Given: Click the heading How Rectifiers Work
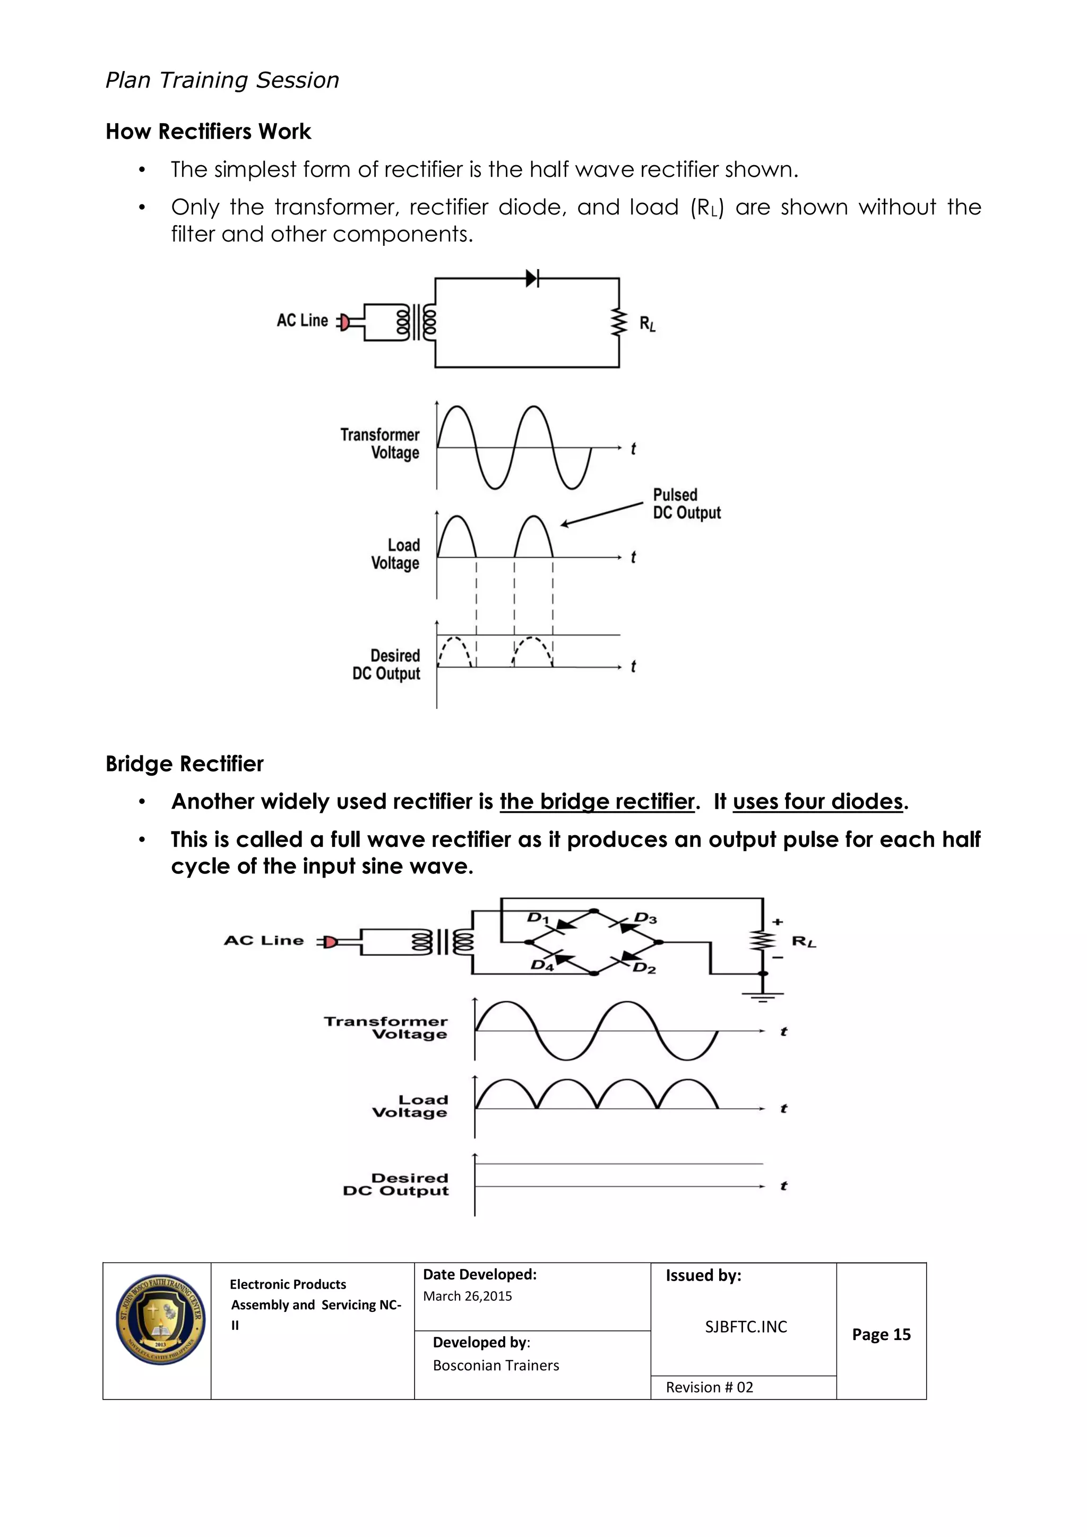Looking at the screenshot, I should [208, 131].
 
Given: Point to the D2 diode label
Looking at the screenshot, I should [644, 968].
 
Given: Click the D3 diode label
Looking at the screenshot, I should [646, 918].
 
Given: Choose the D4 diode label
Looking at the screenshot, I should [541, 965].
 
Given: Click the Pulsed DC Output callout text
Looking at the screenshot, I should [686, 504].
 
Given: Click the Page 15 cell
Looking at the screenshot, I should [881, 1334].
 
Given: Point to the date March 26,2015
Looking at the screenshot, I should [467, 1296].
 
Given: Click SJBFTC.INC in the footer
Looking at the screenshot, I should [746, 1327].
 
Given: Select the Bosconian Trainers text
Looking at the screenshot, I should [495, 1366].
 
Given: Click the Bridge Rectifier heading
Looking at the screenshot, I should [184, 764].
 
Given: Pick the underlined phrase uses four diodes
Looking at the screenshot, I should [818, 801].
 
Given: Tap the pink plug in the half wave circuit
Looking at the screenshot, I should [344, 323].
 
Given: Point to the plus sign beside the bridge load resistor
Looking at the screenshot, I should [777, 922].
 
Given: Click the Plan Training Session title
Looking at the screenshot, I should [222, 80].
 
